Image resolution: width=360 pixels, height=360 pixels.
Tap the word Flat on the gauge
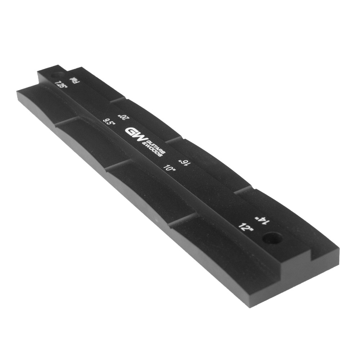[x=73, y=81]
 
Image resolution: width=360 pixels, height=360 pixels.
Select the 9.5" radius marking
[x=109, y=122]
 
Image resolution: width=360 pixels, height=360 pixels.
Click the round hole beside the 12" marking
[x=273, y=238]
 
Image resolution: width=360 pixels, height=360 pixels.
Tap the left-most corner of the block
[x=17, y=91]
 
